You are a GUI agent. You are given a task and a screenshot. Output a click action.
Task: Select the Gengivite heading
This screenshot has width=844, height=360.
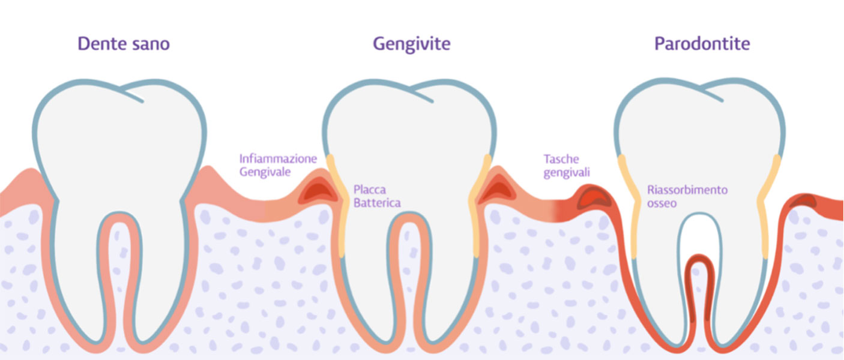(x=411, y=44)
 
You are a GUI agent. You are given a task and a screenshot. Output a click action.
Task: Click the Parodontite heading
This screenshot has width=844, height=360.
(x=702, y=44)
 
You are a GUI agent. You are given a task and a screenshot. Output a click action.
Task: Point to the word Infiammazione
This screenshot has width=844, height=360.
(x=278, y=158)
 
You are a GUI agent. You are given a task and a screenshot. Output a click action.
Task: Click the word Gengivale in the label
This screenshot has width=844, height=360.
(x=265, y=172)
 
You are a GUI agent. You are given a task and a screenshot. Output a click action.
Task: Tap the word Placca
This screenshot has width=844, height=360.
(x=370, y=190)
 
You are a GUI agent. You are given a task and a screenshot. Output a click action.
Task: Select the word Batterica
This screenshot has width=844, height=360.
(x=377, y=203)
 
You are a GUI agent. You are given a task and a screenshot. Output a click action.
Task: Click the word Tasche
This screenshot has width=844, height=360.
(x=561, y=159)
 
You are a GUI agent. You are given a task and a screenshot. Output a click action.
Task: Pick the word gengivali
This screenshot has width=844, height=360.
(x=566, y=172)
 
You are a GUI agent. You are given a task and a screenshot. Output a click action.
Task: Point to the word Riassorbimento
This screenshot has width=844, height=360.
(x=687, y=190)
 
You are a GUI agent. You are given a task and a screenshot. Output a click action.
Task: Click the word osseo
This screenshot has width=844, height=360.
(x=662, y=203)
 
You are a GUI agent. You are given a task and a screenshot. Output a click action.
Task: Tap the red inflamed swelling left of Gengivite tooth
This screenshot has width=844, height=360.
(x=318, y=191)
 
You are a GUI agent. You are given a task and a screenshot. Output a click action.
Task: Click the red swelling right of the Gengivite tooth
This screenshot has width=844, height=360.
(x=498, y=190)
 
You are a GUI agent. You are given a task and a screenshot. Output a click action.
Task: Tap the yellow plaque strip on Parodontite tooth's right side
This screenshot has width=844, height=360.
(x=767, y=207)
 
